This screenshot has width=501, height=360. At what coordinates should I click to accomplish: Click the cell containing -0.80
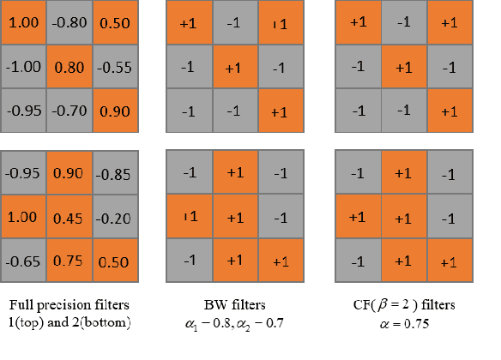[70, 23]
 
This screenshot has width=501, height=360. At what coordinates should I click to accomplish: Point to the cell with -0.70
[70, 109]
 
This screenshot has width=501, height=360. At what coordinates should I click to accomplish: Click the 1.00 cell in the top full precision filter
[24, 23]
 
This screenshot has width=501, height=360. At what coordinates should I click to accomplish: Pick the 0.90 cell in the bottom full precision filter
[70, 172]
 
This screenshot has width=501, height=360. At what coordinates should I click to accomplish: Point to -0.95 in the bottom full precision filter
[24, 172]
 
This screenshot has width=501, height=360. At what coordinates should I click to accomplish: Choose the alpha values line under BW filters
[235, 323]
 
